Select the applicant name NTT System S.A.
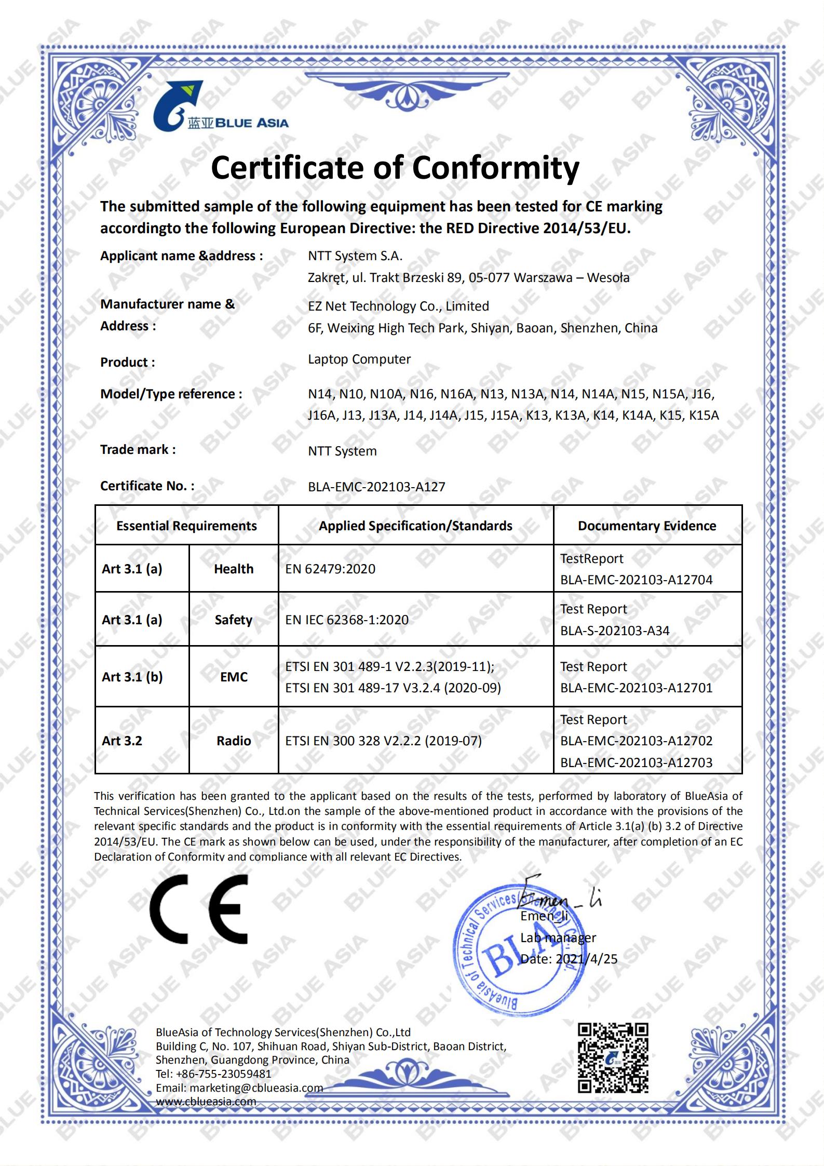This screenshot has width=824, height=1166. click(355, 256)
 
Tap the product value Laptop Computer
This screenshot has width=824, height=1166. click(359, 359)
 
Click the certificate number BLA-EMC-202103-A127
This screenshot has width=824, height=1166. click(376, 487)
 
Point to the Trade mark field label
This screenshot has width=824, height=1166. click(138, 450)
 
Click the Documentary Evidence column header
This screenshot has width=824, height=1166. click(646, 526)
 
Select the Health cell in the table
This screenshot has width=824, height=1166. click(234, 569)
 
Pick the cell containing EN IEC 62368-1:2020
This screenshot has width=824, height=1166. click(347, 620)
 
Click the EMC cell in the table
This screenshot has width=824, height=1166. click(234, 677)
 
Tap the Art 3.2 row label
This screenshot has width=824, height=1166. click(122, 741)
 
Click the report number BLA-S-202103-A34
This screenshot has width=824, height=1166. click(615, 631)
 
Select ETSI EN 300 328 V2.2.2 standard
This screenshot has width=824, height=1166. click(383, 741)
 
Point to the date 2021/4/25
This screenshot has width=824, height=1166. click(587, 959)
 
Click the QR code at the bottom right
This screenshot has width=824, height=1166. click(613, 1058)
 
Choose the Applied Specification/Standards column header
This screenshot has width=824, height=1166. click(415, 526)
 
